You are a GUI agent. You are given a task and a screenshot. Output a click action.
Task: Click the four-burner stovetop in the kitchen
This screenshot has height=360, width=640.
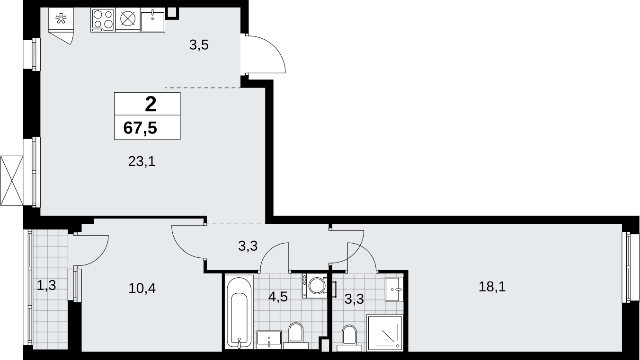coord(103,19)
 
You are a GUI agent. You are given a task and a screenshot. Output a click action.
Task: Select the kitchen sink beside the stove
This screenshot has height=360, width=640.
coord(152,19)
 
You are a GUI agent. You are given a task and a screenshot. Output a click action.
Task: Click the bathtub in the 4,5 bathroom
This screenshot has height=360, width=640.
coord(239,311)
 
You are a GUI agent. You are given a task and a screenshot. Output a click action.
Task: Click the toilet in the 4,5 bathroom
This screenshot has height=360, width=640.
coord(296,336)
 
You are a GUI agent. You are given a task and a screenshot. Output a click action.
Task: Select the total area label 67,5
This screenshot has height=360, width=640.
coord(140,128)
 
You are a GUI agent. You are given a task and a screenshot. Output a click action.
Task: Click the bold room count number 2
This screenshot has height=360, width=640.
coord(151,104)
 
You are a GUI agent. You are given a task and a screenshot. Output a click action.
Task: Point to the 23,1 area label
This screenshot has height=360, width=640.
coord(142,162)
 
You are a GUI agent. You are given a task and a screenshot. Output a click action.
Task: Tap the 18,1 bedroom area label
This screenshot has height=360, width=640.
coord(492,287)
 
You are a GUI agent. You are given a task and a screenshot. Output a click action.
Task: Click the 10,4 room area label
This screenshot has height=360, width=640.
coord(142,289)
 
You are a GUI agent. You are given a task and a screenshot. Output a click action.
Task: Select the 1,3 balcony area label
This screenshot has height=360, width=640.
coord(46,285)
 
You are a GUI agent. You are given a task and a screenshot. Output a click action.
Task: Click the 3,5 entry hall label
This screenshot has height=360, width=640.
coord(199,45)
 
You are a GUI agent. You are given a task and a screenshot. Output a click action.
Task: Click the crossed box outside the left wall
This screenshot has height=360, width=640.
coord(12,180)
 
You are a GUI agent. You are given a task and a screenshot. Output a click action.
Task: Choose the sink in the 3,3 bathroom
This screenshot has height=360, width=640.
coord(394,289)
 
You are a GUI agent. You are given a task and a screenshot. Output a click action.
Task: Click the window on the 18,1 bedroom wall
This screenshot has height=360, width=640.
coord(630,267)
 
